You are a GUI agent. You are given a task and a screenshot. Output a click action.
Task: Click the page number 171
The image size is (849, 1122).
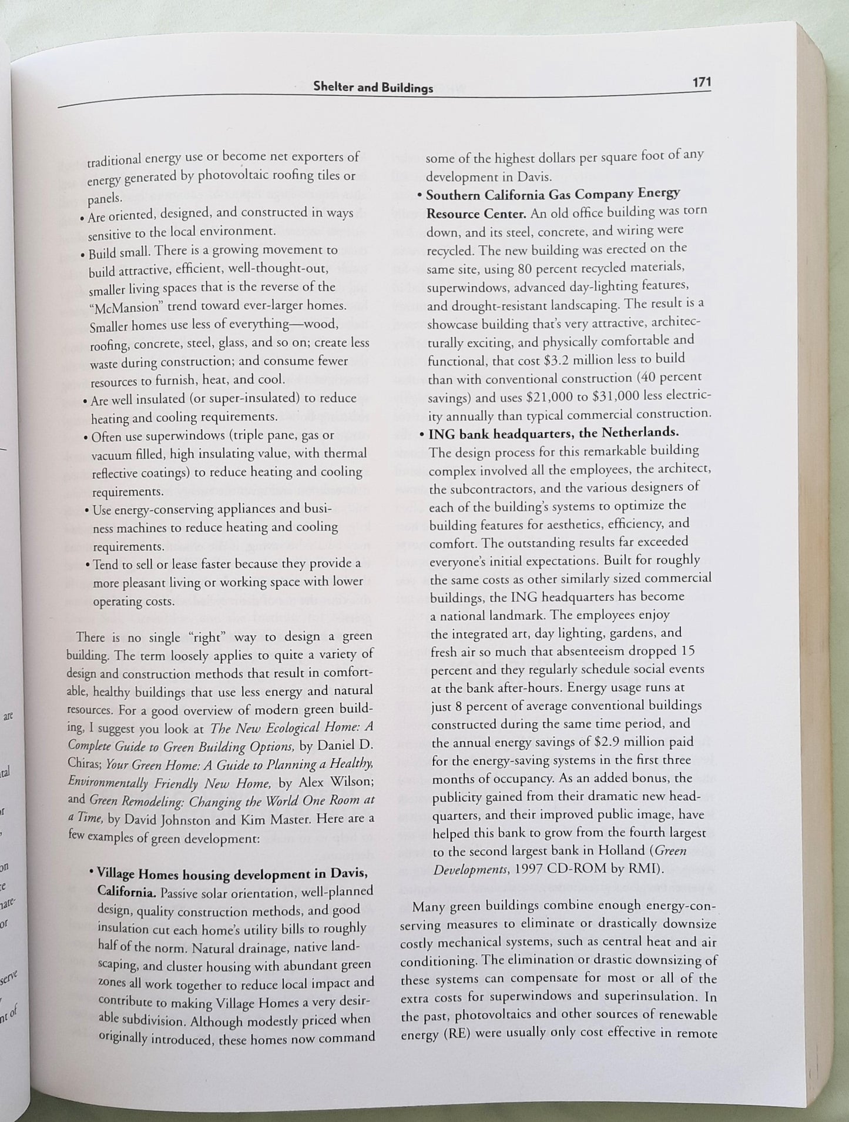[x=702, y=82]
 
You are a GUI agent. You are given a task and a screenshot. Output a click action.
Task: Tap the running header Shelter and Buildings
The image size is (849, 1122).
[x=373, y=88]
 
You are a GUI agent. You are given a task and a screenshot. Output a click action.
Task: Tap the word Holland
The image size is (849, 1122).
[x=625, y=850]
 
